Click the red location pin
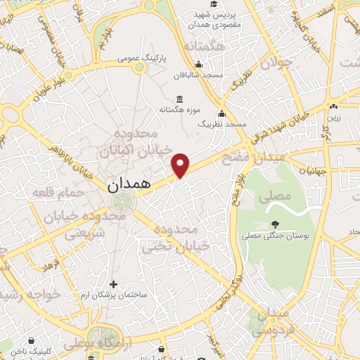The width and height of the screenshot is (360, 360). [181, 165]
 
